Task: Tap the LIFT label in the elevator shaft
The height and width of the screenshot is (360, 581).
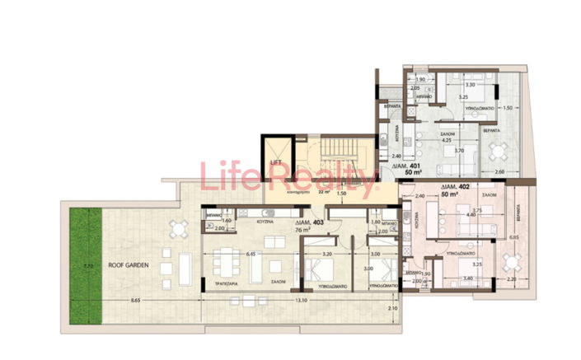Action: coord(275,162)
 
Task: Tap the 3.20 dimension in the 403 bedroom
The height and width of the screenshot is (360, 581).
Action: coord(326,255)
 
